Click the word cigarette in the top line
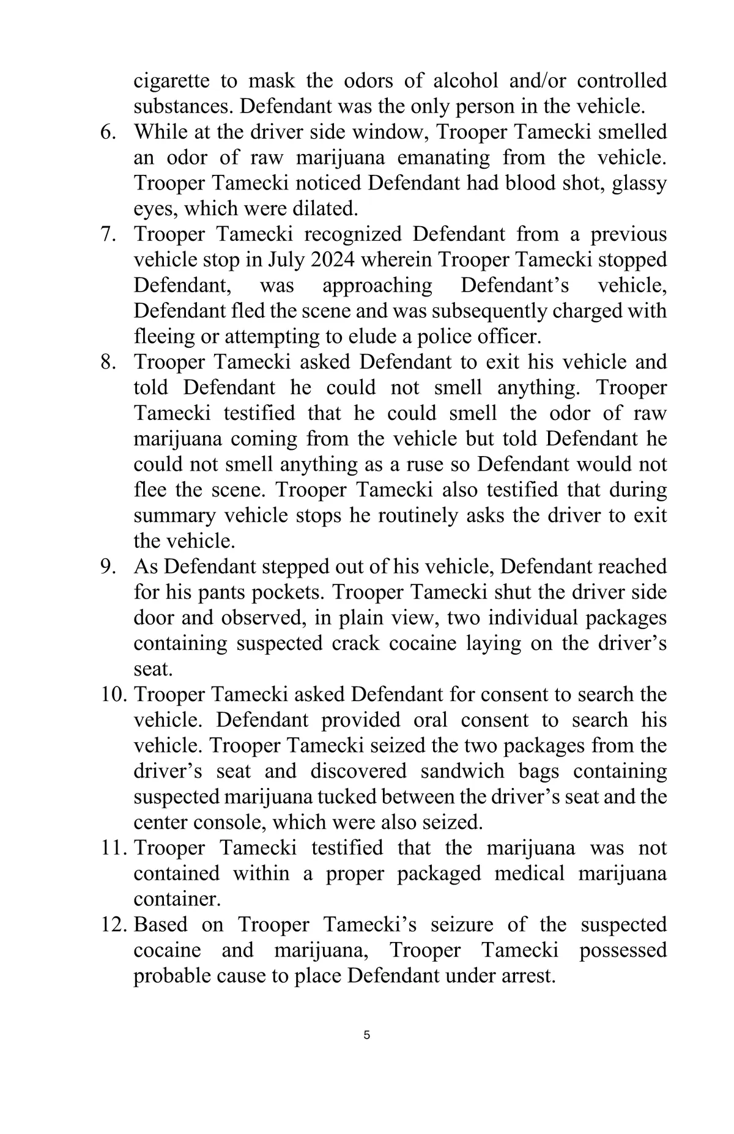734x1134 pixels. [171, 81]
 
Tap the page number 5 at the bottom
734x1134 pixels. [366, 1036]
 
